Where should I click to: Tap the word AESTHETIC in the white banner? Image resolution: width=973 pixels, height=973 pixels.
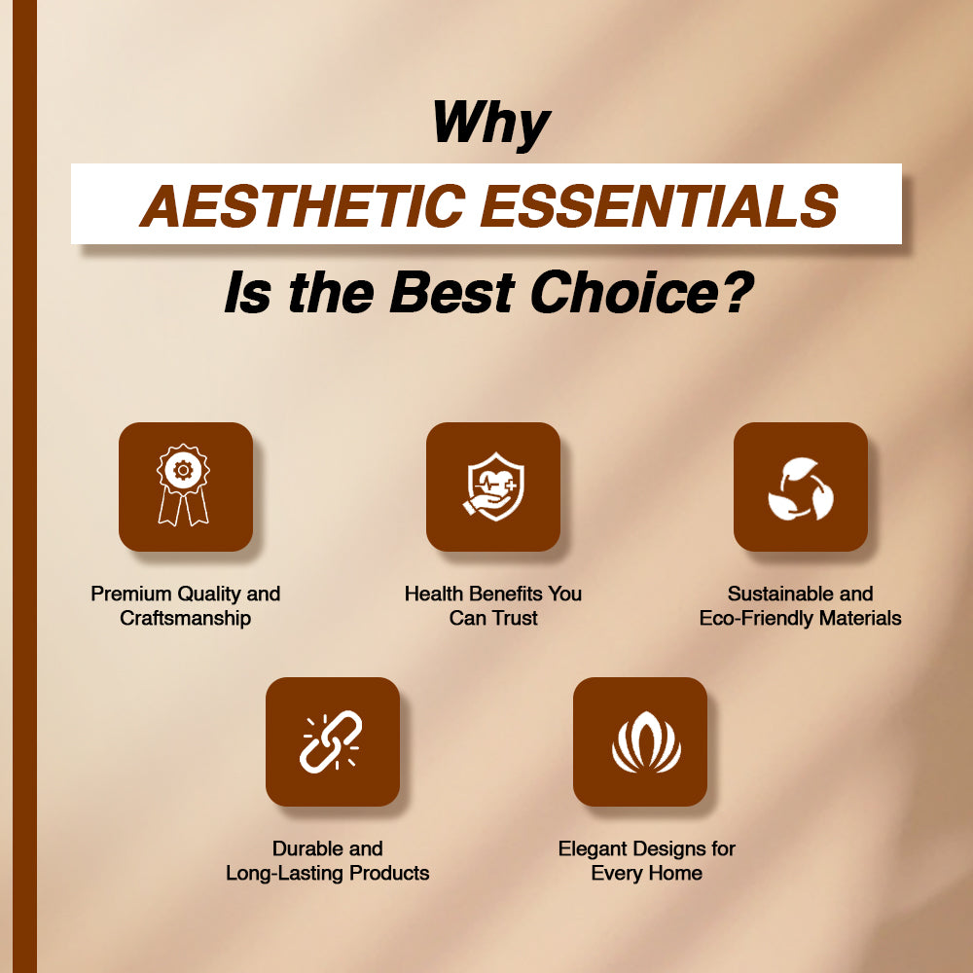pyautogui.click(x=303, y=204)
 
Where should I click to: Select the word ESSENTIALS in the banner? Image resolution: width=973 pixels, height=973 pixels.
pyautogui.click(x=660, y=204)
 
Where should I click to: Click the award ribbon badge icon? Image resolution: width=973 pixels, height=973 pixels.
pyautogui.click(x=183, y=485)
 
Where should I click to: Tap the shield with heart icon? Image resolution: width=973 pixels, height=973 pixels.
pyautogui.click(x=493, y=486)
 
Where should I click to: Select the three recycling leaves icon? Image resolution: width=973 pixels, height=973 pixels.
pyautogui.click(x=801, y=488)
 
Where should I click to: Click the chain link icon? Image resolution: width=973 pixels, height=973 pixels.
pyautogui.click(x=332, y=742)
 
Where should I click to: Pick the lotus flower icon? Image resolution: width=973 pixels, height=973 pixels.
pyautogui.click(x=646, y=742)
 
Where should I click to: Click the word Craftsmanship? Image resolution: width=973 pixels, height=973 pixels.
pyautogui.click(x=186, y=618)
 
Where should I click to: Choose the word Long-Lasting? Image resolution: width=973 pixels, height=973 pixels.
pyautogui.click(x=285, y=873)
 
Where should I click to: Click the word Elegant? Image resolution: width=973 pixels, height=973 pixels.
pyautogui.click(x=591, y=848)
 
